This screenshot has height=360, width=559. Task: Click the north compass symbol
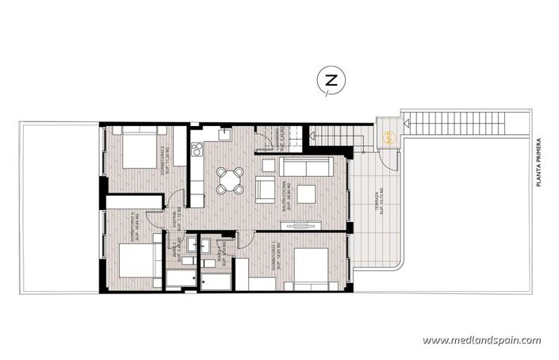tap(331, 80)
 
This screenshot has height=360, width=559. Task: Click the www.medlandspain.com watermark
tap(481, 340)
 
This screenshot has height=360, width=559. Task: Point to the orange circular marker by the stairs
tap(389, 136)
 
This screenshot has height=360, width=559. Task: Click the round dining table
tap(231, 180)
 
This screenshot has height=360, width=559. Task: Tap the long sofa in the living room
tap(306, 167)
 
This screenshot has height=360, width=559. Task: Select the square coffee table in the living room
tap(305, 193)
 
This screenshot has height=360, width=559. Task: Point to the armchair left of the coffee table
tap(266, 189)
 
